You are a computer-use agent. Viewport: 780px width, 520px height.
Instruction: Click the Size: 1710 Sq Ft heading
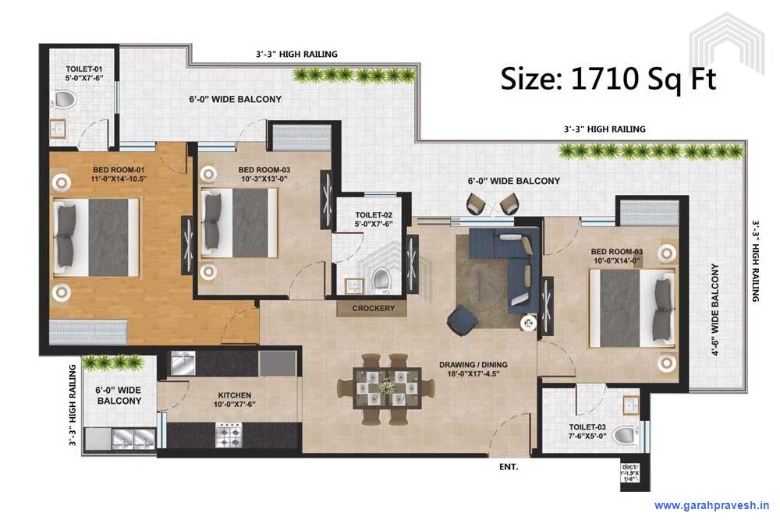coord(608,79)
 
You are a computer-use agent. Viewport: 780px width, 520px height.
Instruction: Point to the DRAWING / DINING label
coord(473,369)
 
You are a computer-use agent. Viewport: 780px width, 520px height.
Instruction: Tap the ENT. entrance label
coord(509,468)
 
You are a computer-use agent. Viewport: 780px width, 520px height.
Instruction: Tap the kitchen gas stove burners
coord(232,431)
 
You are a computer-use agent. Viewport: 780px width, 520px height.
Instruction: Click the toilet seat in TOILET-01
coord(64,100)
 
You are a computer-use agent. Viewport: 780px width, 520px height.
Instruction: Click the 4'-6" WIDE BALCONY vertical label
coord(714,310)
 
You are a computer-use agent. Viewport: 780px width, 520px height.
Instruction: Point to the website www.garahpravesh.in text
coord(711,504)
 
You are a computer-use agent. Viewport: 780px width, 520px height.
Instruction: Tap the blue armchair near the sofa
coord(462,320)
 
